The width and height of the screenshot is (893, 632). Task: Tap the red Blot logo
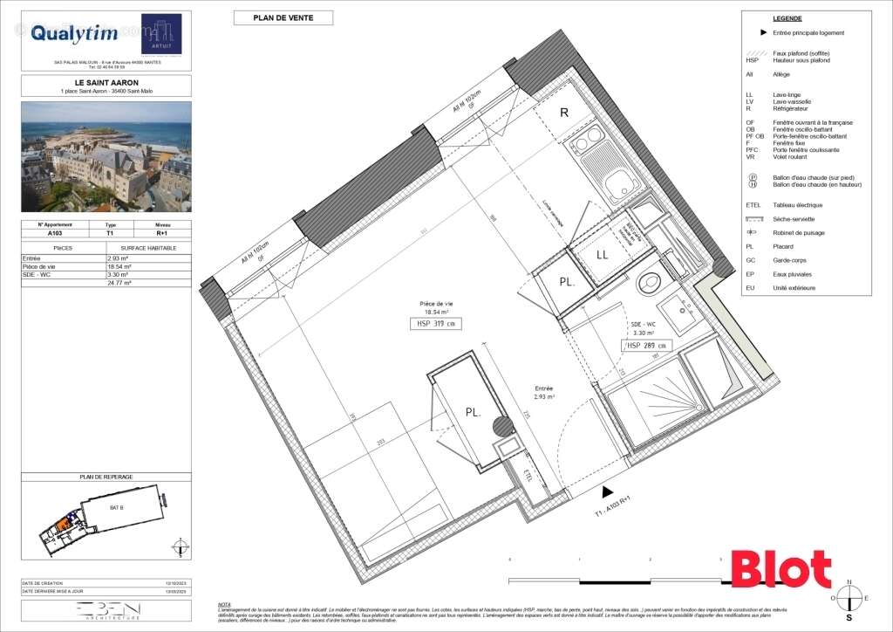(781, 569)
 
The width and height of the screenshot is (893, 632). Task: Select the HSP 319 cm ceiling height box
(434, 324)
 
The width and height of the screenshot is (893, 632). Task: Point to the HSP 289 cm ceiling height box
(646, 346)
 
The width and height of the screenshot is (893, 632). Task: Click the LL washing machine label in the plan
(602, 255)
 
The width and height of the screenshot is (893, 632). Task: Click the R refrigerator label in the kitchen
(564, 113)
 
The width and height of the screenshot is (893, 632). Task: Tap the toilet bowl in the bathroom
(649, 280)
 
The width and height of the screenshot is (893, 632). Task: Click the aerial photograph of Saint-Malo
(106, 156)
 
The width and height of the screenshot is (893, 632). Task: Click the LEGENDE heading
(787, 18)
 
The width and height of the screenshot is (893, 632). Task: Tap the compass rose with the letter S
(849, 598)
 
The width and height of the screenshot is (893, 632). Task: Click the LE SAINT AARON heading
(106, 83)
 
